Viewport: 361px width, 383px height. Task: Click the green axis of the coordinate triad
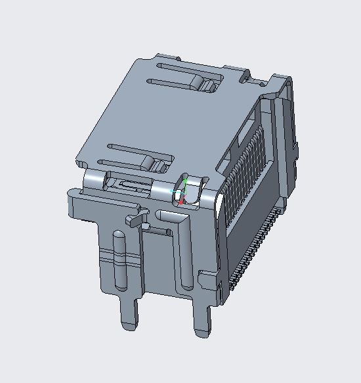[x=186, y=185]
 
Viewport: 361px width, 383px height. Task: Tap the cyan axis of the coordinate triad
[x=176, y=191]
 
